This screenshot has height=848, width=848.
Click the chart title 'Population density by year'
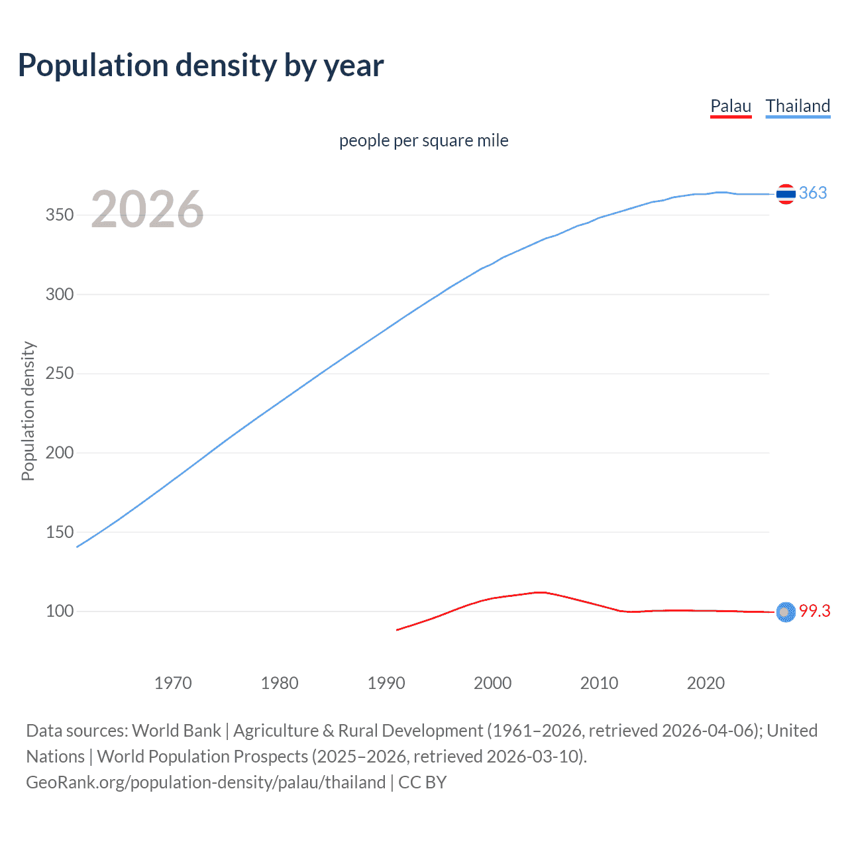201,66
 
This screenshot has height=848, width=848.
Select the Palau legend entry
731,106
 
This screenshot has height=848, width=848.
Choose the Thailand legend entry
798,106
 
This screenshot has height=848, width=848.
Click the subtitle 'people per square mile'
423,140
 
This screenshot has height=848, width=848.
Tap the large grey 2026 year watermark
147,209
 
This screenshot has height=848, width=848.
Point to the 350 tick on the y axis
59,215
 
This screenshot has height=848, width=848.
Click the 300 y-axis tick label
59,294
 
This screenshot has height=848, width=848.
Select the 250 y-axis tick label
59,374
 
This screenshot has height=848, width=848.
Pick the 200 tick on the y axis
59,452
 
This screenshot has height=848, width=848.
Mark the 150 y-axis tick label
59,532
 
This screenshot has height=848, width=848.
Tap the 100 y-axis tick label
59,611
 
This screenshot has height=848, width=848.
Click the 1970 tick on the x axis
173,683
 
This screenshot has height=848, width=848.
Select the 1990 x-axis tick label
386,683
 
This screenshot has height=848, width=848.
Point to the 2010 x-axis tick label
599,683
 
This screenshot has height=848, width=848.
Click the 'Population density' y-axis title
28,411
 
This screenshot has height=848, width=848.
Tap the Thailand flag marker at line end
786,194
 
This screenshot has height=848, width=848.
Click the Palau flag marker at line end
786,612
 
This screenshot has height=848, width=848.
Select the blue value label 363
813,193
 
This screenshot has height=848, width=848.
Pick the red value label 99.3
814,611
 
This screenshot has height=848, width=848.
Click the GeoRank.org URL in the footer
205,782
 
